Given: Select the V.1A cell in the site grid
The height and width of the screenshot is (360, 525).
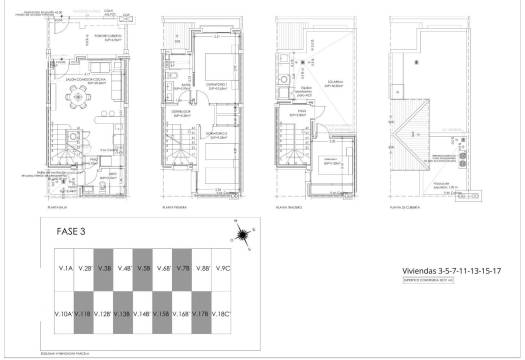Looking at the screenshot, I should pyautogui.click(x=66, y=269).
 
